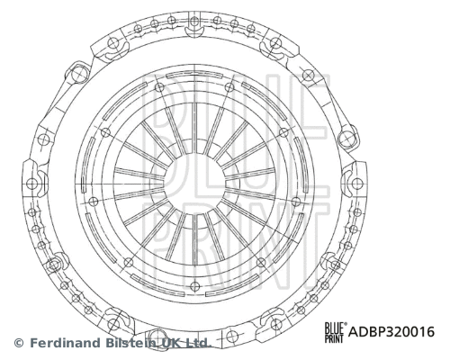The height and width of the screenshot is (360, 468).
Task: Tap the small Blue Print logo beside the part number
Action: (x=335, y=332)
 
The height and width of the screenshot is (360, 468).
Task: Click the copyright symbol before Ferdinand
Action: (x=18, y=343)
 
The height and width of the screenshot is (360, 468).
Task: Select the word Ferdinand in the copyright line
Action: (x=62, y=343)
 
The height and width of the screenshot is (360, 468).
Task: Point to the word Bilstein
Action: (x=126, y=343)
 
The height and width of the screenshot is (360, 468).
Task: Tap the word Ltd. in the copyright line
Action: (x=198, y=343)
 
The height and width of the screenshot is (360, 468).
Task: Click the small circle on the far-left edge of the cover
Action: (x=32, y=184)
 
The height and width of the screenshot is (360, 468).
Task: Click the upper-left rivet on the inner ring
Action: (x=159, y=87)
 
